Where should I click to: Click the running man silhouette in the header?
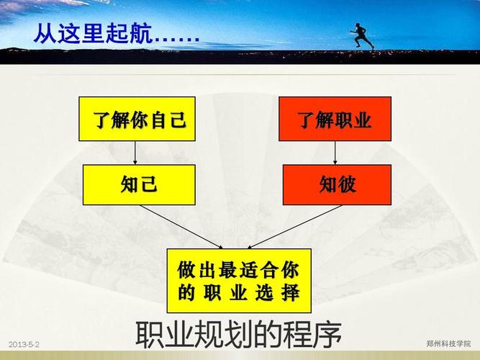pyautogui.click(x=362, y=35)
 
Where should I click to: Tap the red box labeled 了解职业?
pyautogui.click(x=335, y=119)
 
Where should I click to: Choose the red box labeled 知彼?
pyautogui.click(x=335, y=184)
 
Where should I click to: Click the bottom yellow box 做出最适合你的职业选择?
pyautogui.click(x=239, y=281)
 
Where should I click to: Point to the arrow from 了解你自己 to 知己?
pyautogui.click(x=135, y=153)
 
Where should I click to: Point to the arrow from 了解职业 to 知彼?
pyautogui.click(x=335, y=153)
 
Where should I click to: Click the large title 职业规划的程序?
pyautogui.click(x=238, y=336)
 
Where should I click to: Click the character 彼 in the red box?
pyautogui.click(x=347, y=185)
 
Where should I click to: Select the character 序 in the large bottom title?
pyautogui.click(x=327, y=336)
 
